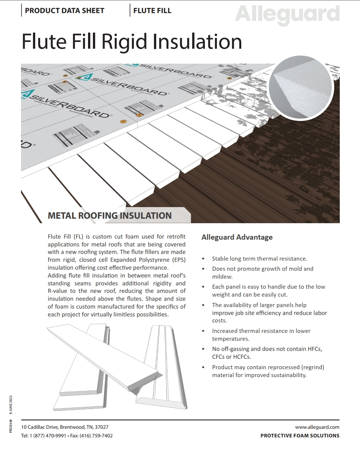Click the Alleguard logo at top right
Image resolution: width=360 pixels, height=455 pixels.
[x=287, y=15]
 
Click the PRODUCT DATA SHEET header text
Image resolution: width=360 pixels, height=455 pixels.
[x=64, y=11]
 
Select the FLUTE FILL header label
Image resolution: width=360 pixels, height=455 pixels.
[x=152, y=11]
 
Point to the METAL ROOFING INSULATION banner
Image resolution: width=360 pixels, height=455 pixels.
[x=110, y=216]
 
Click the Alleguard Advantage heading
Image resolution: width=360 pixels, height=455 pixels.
[x=237, y=237]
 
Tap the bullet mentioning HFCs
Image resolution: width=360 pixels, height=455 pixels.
[x=267, y=353]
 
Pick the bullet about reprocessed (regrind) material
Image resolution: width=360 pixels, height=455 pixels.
[x=268, y=371]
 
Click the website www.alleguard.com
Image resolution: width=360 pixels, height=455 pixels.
[x=317, y=427]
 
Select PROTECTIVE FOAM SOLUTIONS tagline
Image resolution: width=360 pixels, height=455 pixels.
[x=300, y=436]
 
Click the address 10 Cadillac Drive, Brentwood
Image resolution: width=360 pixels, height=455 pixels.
[x=65, y=427]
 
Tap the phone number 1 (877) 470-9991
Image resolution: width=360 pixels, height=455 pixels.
[x=48, y=436]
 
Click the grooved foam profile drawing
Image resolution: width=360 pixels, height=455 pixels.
[x=162, y=368]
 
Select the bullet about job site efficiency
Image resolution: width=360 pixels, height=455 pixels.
[x=269, y=313]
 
